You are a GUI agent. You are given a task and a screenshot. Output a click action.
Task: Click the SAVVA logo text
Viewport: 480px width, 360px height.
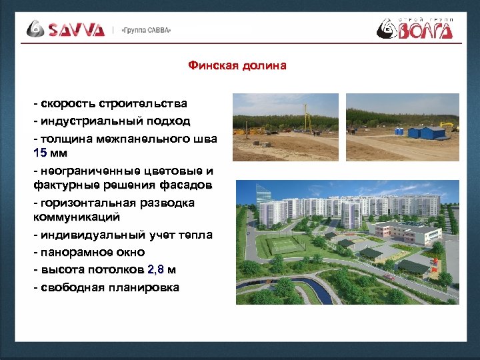point(75,29)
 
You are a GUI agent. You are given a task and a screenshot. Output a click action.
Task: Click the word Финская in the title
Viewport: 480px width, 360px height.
point(210,65)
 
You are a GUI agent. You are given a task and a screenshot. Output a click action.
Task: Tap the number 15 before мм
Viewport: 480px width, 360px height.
point(40,153)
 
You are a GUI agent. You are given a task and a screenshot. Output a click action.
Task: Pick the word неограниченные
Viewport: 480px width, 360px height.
point(85,171)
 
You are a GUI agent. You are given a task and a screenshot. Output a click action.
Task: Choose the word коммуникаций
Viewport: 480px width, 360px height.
point(76,217)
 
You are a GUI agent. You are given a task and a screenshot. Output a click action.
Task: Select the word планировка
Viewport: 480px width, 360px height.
point(148,287)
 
